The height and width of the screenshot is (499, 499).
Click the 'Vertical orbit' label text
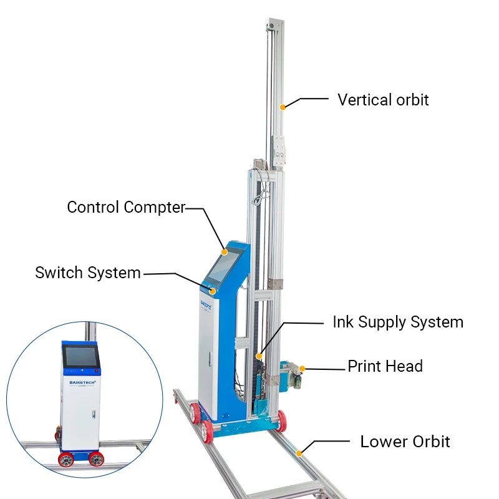click(383, 100)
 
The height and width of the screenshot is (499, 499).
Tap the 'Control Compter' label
click(126, 207)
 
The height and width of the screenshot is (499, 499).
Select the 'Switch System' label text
click(88, 273)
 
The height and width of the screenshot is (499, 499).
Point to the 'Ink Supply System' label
click(397, 322)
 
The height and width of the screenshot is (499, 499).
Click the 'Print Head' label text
click(385, 366)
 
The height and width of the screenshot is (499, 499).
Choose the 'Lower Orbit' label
click(405, 442)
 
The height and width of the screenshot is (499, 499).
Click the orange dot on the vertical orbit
click(283, 107)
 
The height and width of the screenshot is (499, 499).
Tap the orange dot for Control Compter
click(225, 253)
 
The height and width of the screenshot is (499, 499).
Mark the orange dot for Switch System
click(213, 291)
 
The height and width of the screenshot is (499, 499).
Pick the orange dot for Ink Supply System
click(259, 357)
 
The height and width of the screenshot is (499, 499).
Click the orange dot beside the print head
click(302, 369)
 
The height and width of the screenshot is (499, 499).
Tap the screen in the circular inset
click(80, 355)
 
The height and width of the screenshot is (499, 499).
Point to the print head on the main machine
click(288, 376)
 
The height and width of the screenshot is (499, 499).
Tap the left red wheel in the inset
click(65, 460)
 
